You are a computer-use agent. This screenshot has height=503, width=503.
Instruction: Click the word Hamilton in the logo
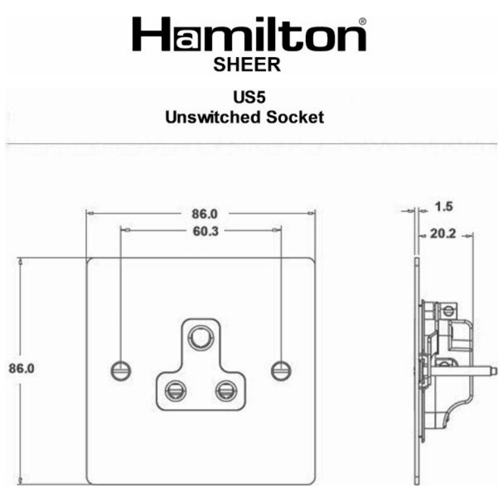click(249, 37)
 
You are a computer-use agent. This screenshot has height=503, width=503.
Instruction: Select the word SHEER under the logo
click(248, 64)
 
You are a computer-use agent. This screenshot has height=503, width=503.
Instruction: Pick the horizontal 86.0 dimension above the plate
click(202, 214)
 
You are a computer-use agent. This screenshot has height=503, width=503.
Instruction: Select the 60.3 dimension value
click(202, 231)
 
